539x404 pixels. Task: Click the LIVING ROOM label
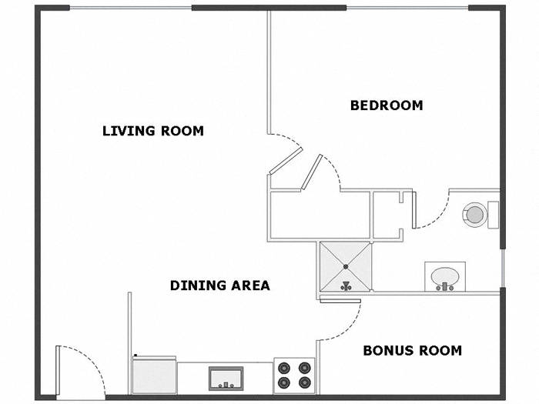pyautogui.click(x=153, y=131)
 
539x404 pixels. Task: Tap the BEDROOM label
pyautogui.click(x=387, y=105)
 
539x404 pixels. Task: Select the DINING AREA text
pyautogui.click(x=219, y=285)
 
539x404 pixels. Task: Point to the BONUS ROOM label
pyautogui.click(x=412, y=351)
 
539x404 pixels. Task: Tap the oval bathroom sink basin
pyautogui.click(x=446, y=275)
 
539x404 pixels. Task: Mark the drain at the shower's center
pyautogui.click(x=346, y=266)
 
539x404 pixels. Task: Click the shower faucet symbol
pyautogui.click(x=346, y=285)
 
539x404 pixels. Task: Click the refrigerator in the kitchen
pyautogui.click(x=154, y=376)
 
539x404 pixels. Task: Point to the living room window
pyautogui.click(x=131, y=8)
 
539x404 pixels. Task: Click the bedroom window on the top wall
pyautogui.click(x=407, y=8)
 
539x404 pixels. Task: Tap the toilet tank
pyautogui.click(x=494, y=213)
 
